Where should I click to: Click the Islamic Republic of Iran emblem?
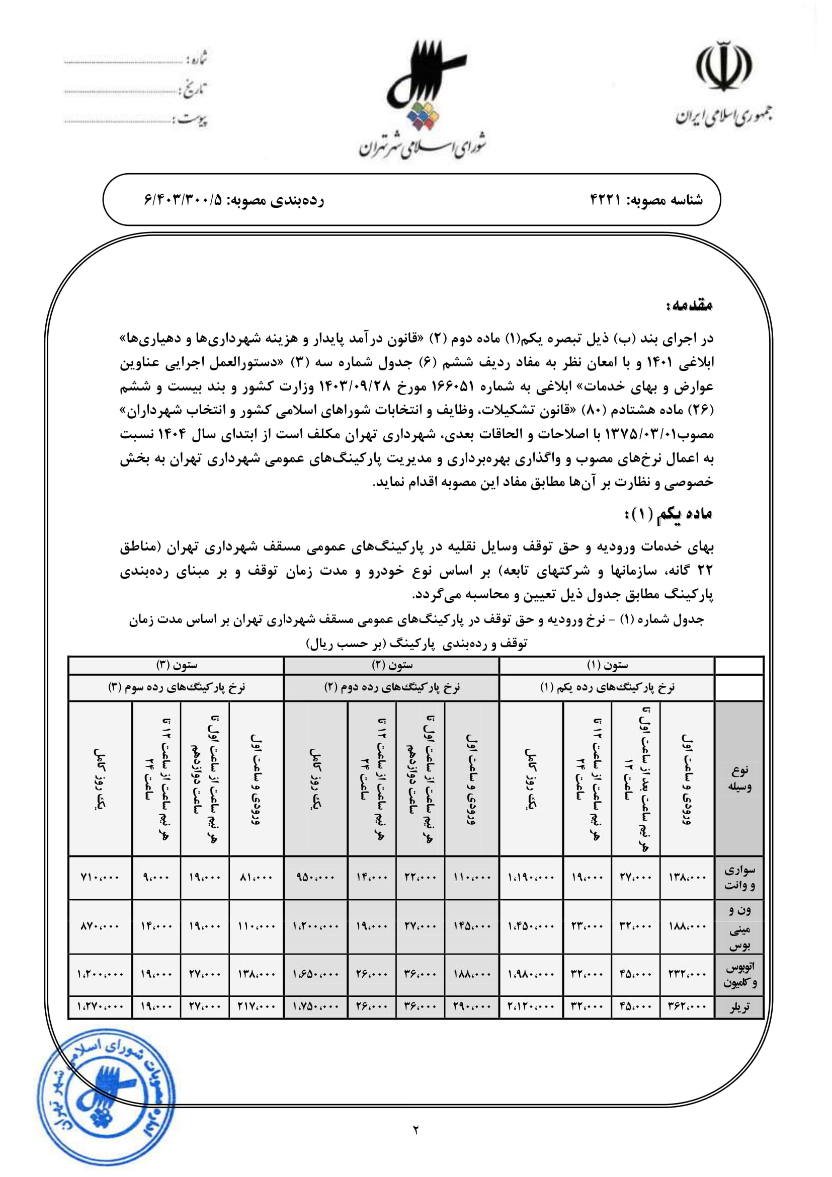point(723,64)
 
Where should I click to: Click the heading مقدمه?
point(689,305)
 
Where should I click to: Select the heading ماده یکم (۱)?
point(668,514)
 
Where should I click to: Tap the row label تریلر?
point(739,1007)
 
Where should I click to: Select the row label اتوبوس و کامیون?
point(739,975)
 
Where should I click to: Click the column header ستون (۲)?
point(391,665)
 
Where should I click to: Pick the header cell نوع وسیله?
point(739,778)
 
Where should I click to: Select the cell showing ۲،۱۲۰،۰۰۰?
point(531,1007)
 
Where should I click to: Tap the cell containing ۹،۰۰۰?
point(156,877)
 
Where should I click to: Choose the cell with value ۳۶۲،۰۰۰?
point(687,1007)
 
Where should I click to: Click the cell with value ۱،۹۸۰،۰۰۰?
point(531,974)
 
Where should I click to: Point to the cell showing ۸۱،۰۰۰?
point(256,877)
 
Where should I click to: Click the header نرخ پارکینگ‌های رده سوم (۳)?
point(176,687)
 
